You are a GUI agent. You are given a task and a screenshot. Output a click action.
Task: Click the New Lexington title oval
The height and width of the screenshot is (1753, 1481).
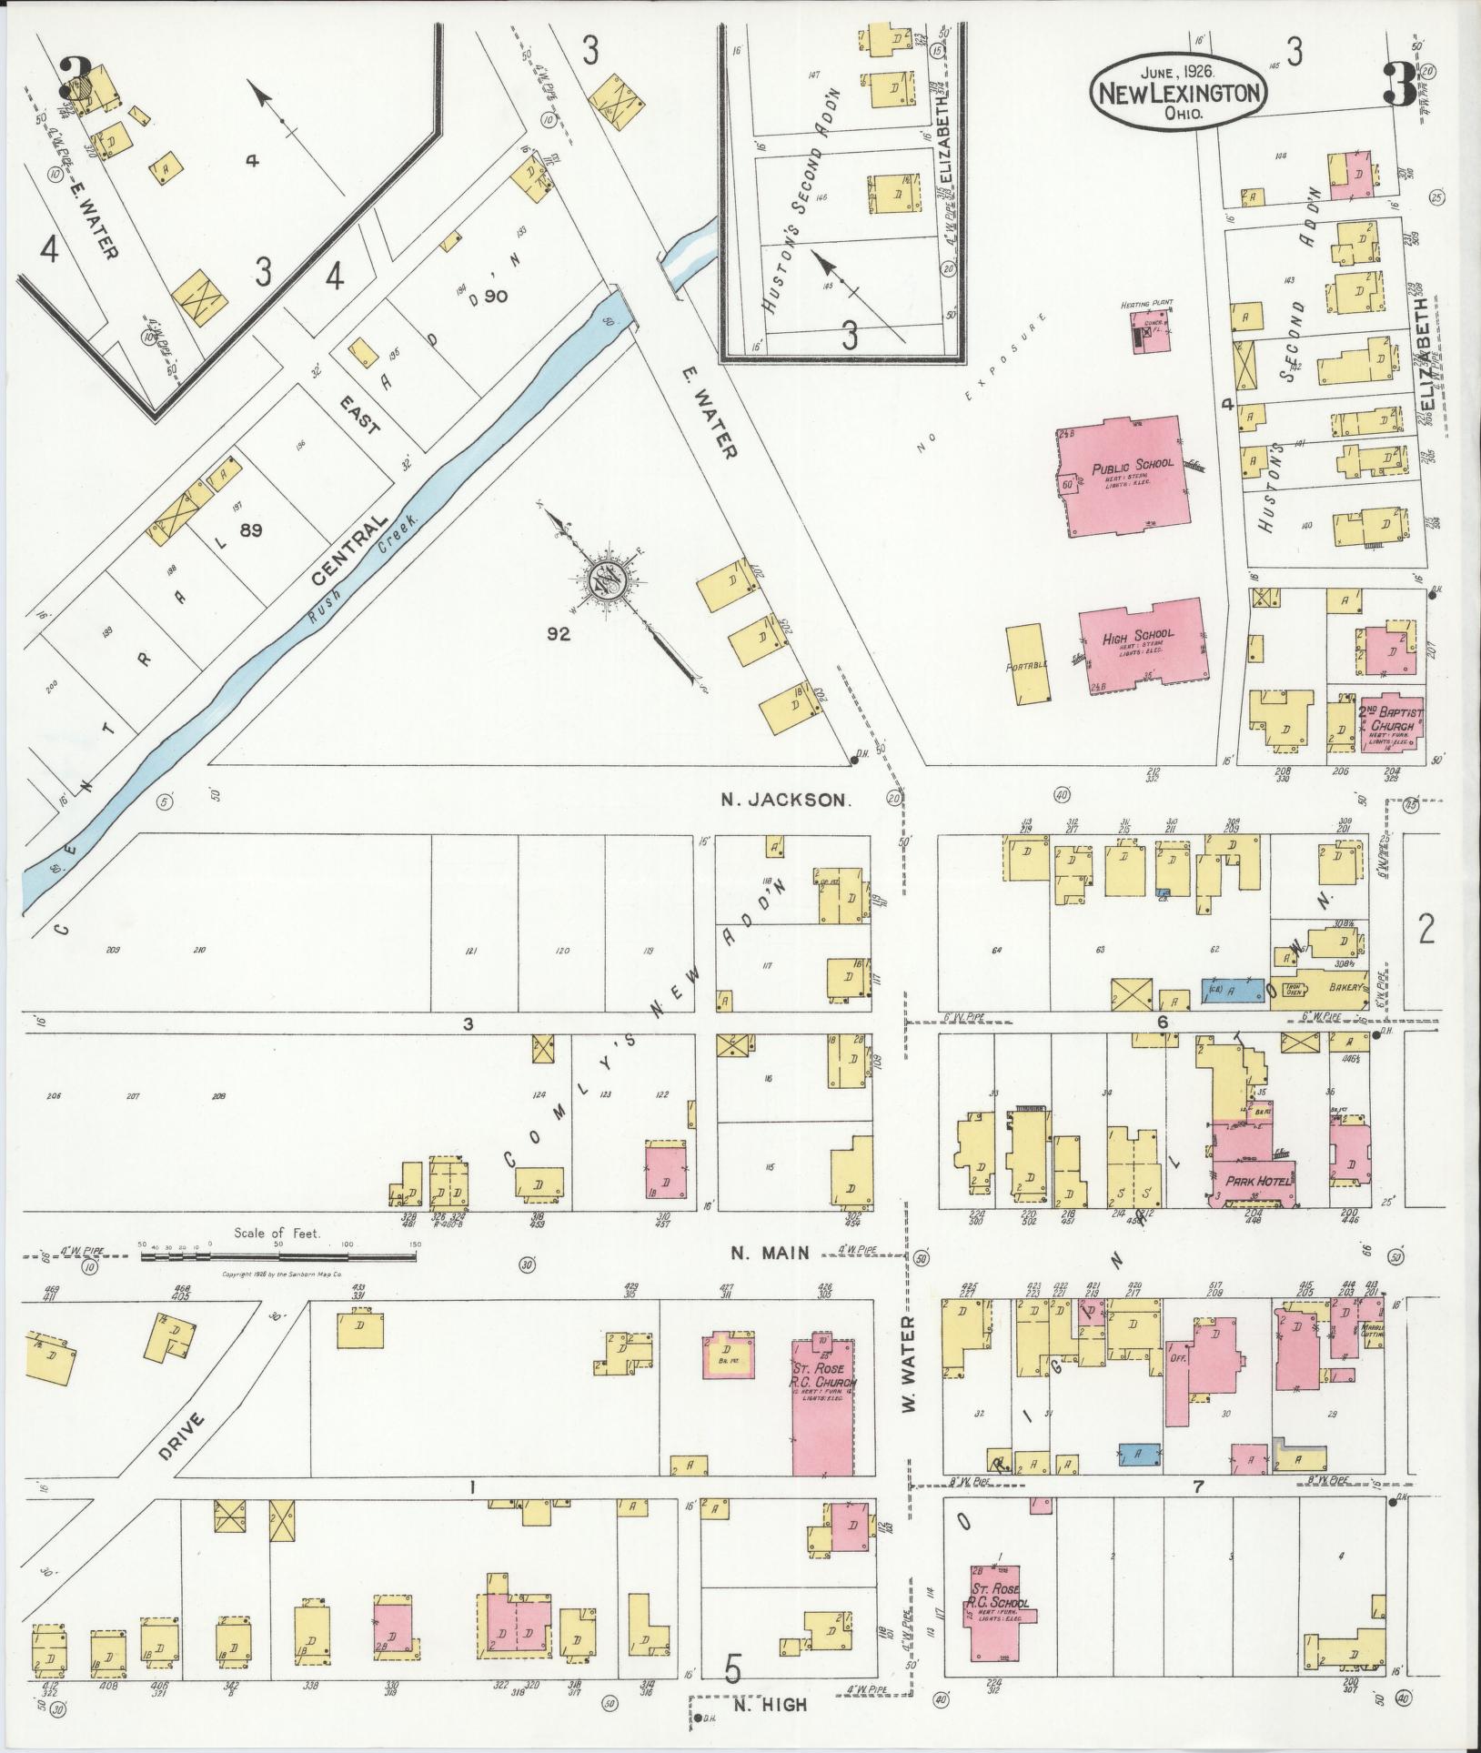point(1180,92)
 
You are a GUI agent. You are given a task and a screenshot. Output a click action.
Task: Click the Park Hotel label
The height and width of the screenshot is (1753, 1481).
point(1254,1181)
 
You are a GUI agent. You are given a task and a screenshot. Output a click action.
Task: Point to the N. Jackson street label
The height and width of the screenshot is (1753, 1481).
point(785,801)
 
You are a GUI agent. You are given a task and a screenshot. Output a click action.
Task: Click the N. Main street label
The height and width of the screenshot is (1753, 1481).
point(771,1253)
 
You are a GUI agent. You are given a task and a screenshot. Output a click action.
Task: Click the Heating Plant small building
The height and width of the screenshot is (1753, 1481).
point(1147,336)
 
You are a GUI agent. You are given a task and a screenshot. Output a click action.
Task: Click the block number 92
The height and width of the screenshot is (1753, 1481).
point(558,634)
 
